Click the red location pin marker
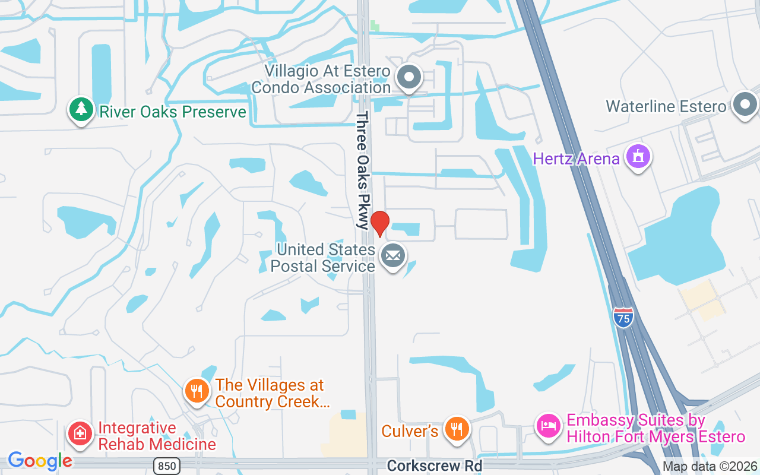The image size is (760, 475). click(379, 223)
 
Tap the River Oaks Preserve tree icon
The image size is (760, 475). click(81, 109)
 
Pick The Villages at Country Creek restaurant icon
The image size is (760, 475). click(197, 391)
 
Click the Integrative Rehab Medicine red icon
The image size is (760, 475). click(80, 434)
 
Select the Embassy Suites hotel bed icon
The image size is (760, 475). click(549, 426)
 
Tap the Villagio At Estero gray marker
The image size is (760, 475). click(409, 78)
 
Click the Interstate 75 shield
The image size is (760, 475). click(623, 316)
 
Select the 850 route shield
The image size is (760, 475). click(167, 466)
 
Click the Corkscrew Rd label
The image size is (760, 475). click(434, 466)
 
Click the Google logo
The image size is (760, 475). click(40, 461)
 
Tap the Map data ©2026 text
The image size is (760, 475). click(710, 467)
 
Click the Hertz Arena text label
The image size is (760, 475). click(576, 159)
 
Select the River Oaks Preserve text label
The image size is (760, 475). click(172, 112)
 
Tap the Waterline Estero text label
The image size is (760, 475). click(666, 106)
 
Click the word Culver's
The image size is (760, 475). click(410, 430)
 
